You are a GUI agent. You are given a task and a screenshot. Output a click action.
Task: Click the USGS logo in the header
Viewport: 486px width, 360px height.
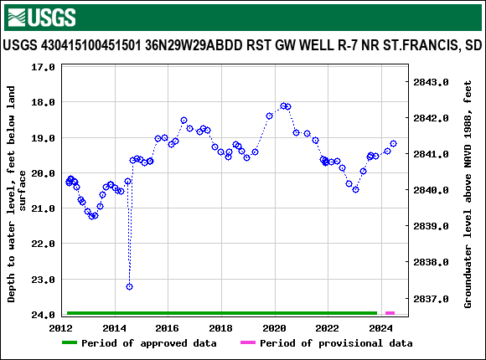tap(40, 17)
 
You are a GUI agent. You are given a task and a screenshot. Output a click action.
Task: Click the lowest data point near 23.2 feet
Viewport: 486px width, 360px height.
tap(129, 286)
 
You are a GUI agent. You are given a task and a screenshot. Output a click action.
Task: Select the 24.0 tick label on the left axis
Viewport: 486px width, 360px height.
tap(43, 315)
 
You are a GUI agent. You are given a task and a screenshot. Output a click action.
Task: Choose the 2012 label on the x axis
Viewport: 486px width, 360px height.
tap(62, 328)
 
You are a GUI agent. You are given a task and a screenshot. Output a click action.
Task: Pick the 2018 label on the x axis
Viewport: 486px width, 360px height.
tap(221, 328)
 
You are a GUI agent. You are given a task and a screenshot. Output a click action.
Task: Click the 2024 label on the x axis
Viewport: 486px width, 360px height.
tap(381, 328)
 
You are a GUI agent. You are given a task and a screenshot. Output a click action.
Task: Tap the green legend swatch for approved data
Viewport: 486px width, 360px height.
tap(80, 343)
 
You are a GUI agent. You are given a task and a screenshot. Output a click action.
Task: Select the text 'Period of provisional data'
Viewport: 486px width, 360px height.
tap(335, 343)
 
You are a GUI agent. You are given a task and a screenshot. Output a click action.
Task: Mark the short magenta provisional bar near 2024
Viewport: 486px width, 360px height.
tap(390, 313)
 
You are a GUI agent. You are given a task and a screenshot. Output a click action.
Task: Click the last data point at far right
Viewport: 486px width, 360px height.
tap(393, 144)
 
